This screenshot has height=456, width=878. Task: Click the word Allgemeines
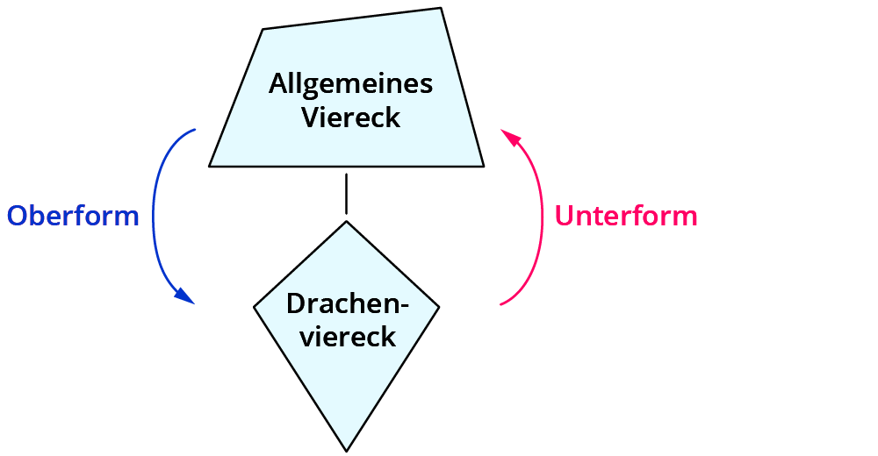[x=350, y=84]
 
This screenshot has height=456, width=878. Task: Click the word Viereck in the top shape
[x=350, y=117]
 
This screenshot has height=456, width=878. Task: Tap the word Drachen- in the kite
[x=349, y=304]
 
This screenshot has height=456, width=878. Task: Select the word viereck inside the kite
[x=349, y=336]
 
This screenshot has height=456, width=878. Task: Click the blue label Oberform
[x=73, y=216]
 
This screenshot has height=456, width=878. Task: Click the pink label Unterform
[x=626, y=216]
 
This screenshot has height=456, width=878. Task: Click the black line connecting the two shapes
[x=347, y=194]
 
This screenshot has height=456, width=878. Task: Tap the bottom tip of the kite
[x=347, y=450]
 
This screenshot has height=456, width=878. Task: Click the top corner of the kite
[x=347, y=222]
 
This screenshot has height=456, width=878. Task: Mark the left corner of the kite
[x=255, y=307]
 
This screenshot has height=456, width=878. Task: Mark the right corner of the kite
[x=439, y=307]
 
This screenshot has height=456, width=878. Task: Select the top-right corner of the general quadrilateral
[x=441, y=10]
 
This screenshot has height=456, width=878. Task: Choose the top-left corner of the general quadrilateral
[x=263, y=30]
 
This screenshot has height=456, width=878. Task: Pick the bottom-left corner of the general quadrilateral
[x=210, y=165]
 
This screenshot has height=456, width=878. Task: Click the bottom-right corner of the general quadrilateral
[x=484, y=165]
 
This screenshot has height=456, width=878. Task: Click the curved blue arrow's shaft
[x=155, y=210]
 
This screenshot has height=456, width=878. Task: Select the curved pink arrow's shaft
[x=541, y=219]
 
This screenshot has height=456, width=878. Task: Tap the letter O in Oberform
[x=18, y=216]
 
